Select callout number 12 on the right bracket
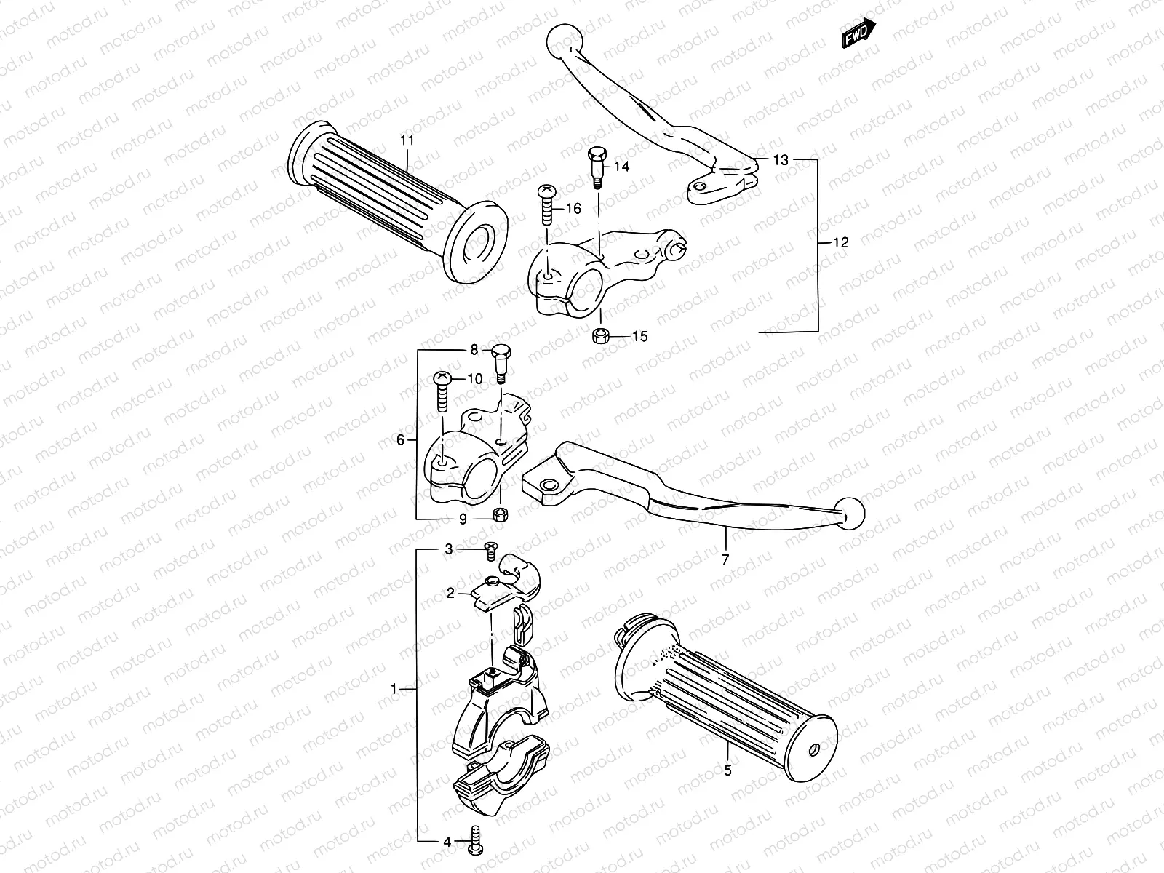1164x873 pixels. [x=840, y=243]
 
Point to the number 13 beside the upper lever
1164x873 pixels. [x=781, y=160]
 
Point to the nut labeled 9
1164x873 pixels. [x=501, y=515]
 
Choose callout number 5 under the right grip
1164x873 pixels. [x=727, y=770]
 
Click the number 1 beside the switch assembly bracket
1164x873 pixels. [x=394, y=687]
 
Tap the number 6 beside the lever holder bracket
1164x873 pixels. [x=400, y=439]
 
